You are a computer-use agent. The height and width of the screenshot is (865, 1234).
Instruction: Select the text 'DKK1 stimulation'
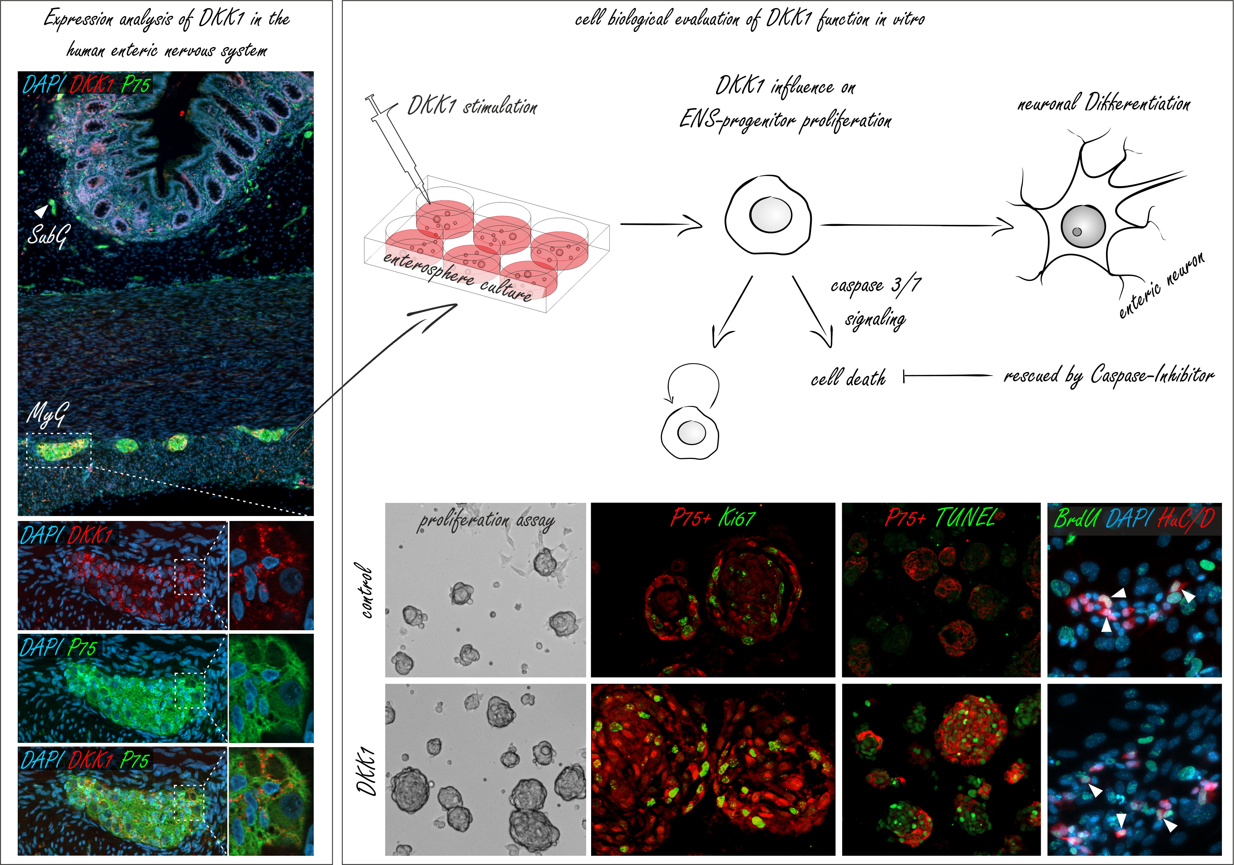coord(472,106)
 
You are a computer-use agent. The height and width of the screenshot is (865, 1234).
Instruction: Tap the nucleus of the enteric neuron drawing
coord(1083,226)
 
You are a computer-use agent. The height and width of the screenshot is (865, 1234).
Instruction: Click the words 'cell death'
coord(848,378)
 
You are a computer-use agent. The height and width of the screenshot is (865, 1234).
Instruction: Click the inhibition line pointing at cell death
coord(947,376)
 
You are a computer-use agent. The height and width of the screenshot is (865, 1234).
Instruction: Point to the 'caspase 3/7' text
coord(876,285)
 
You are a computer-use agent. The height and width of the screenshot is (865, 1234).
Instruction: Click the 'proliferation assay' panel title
coord(487,520)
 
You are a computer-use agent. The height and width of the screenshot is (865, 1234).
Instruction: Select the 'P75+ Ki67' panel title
coord(713,518)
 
